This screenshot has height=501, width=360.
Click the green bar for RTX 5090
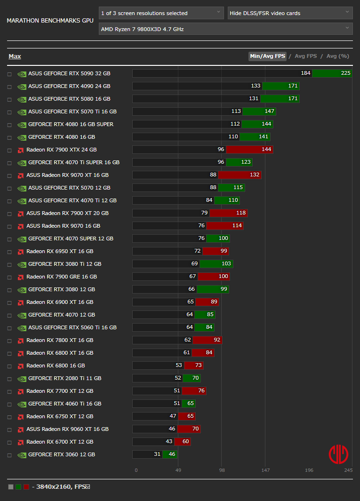(332, 73)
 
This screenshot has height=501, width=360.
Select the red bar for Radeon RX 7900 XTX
(249, 150)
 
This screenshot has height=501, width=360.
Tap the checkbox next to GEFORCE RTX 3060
(10, 455)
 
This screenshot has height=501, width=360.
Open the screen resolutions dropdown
(161, 13)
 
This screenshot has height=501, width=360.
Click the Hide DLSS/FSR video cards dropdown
(290, 13)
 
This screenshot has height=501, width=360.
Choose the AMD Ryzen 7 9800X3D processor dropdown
(226, 29)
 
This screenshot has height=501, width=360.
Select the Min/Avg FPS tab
(267, 56)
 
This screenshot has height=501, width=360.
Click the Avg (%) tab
(338, 56)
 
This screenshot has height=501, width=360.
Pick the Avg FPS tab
(306, 56)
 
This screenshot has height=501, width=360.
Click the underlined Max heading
(15, 56)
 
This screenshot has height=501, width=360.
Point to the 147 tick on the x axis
(265, 470)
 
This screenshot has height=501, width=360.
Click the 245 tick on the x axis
(348, 470)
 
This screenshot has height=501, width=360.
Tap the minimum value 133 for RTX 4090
(256, 86)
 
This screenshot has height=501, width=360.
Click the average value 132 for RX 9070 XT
(255, 175)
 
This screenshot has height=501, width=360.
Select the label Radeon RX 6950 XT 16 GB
(60, 251)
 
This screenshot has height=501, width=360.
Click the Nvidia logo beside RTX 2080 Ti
(22, 379)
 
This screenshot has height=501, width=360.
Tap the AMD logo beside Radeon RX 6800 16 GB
(21, 366)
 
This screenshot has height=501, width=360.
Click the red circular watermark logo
(338, 454)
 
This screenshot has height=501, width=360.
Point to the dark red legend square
(26, 487)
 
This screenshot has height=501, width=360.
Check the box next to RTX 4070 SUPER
(10, 239)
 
